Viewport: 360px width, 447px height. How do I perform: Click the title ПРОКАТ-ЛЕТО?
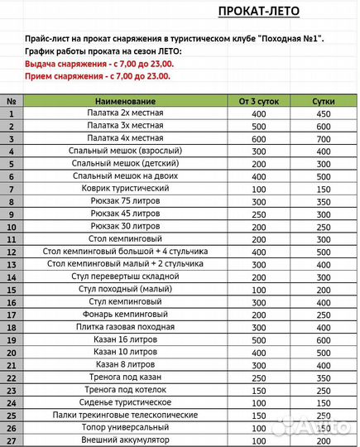(258, 11)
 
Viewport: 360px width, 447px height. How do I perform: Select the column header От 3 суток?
(258, 101)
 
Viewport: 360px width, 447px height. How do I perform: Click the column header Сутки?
(324, 101)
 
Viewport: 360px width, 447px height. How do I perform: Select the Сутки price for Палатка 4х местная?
(324, 138)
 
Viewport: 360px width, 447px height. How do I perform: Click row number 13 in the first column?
(12, 264)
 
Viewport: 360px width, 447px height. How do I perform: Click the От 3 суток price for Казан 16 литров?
(258, 339)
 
